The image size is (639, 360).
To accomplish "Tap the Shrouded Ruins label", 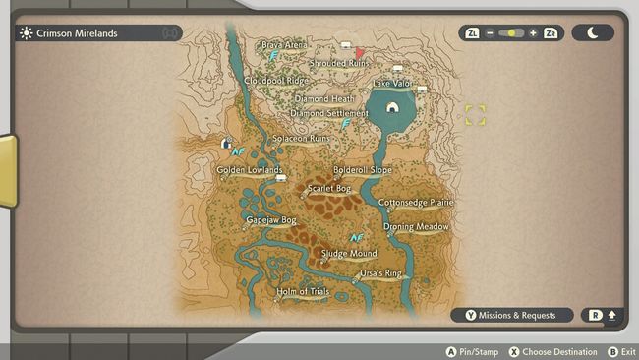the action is point(339,64).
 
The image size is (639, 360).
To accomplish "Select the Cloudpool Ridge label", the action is point(276,81).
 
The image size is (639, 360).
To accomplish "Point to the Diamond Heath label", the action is point(324,99).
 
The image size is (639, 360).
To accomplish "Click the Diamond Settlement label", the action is point(329,113).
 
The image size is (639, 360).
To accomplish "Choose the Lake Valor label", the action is point(391,84).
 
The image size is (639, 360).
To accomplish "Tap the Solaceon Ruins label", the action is point(302,139).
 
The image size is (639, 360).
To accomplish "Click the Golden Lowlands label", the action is point(250,170).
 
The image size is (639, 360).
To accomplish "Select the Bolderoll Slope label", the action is point(363,170).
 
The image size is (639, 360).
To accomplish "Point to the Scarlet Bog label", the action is point(329,188).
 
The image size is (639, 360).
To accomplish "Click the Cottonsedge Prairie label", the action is point(417,203).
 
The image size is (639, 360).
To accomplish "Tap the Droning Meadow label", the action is point(416,227).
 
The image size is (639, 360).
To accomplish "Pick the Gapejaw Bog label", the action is point(271,220).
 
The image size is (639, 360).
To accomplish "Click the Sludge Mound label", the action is point(349,254).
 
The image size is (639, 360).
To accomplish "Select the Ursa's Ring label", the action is point(380,272).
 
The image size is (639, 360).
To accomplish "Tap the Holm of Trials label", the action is point(303,292).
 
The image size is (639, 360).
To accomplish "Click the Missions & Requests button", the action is point(511,316).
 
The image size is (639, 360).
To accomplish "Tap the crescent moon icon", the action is point(593,32).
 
